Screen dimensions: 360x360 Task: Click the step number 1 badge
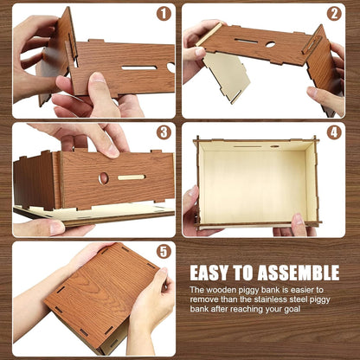(164, 14)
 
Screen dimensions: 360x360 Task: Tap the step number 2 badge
(334, 14)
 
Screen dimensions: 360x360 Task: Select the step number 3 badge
(164, 132)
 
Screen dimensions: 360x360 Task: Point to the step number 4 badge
(334, 132)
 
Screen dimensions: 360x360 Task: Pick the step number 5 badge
(164, 252)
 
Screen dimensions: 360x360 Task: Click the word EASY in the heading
(209, 273)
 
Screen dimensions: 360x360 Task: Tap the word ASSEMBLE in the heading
(299, 273)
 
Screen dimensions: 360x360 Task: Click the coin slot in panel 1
(139, 68)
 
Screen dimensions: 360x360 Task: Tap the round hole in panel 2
(271, 44)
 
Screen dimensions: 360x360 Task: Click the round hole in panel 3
(104, 178)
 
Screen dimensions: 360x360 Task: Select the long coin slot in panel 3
(132, 177)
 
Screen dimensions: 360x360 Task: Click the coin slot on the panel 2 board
(246, 41)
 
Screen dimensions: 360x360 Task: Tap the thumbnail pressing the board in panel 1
(98, 78)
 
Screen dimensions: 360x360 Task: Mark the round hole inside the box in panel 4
(275, 146)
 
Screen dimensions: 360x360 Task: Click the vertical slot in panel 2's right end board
(310, 44)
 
